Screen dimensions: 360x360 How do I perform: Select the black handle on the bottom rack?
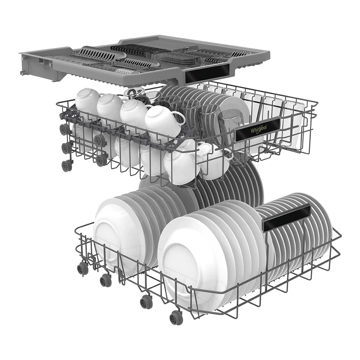[287, 217]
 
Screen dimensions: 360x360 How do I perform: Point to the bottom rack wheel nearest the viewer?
[176, 317]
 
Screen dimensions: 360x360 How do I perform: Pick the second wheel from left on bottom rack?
[106, 279]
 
